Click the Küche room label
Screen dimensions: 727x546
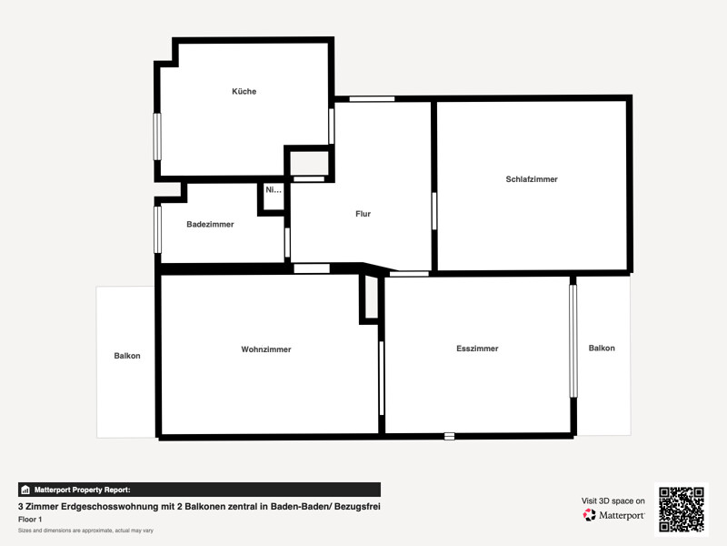pos(244,92)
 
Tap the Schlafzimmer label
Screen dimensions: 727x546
pos(532,179)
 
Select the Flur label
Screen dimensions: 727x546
pos(363,214)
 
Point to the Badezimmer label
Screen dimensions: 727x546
pos(210,224)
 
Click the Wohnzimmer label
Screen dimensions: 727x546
pos(266,349)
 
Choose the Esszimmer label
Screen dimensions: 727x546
pos(477,349)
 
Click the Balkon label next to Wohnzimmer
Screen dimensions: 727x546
pos(127,356)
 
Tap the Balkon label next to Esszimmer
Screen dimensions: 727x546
pos(602,348)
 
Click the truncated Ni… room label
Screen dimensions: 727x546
pos(274,190)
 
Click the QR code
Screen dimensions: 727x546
pos(682,510)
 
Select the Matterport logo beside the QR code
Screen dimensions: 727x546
pos(613,515)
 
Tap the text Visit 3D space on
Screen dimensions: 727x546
pos(612,501)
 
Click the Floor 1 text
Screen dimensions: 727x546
pos(30,519)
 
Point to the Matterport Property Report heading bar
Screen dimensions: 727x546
pos(199,490)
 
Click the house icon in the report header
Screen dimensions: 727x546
pos(25,490)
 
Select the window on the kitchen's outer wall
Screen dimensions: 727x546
pos(157,136)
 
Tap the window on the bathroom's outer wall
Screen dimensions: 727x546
pos(157,230)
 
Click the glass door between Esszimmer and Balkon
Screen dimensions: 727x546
pos(573,340)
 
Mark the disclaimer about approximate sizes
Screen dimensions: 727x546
pos(85,531)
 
